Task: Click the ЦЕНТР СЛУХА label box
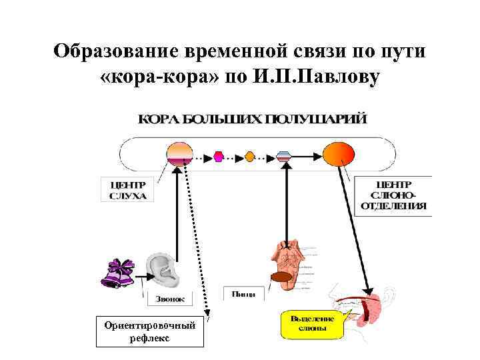pos(127,189)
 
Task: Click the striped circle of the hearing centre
pos(179,154)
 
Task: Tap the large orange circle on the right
pos(338,156)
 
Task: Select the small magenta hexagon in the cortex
pos(219,157)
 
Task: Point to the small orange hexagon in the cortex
pos(250,157)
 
